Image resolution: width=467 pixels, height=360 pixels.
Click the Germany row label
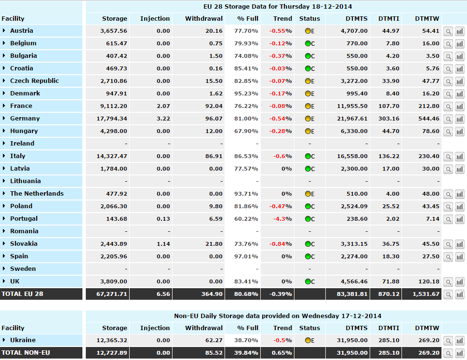click(x=25, y=119)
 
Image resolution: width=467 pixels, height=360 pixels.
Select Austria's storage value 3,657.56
click(x=114, y=31)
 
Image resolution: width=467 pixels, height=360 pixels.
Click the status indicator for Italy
click(x=308, y=156)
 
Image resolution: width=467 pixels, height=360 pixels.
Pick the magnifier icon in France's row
click(x=448, y=106)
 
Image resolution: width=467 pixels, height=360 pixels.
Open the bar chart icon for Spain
click(x=459, y=256)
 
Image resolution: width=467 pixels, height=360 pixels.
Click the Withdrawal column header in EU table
click(x=204, y=19)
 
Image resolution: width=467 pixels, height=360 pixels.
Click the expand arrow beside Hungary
click(x=4, y=131)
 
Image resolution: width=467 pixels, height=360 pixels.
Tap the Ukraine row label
click(x=23, y=340)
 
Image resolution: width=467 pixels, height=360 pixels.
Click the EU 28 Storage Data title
click(x=277, y=7)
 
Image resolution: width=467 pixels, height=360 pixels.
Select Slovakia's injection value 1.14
click(x=163, y=244)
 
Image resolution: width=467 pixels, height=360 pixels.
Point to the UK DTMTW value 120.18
click(x=428, y=281)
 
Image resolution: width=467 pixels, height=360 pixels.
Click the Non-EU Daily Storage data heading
click(x=278, y=316)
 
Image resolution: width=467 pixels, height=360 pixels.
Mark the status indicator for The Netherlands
click(x=308, y=194)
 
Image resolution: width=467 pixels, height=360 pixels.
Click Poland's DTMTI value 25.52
click(x=390, y=206)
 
